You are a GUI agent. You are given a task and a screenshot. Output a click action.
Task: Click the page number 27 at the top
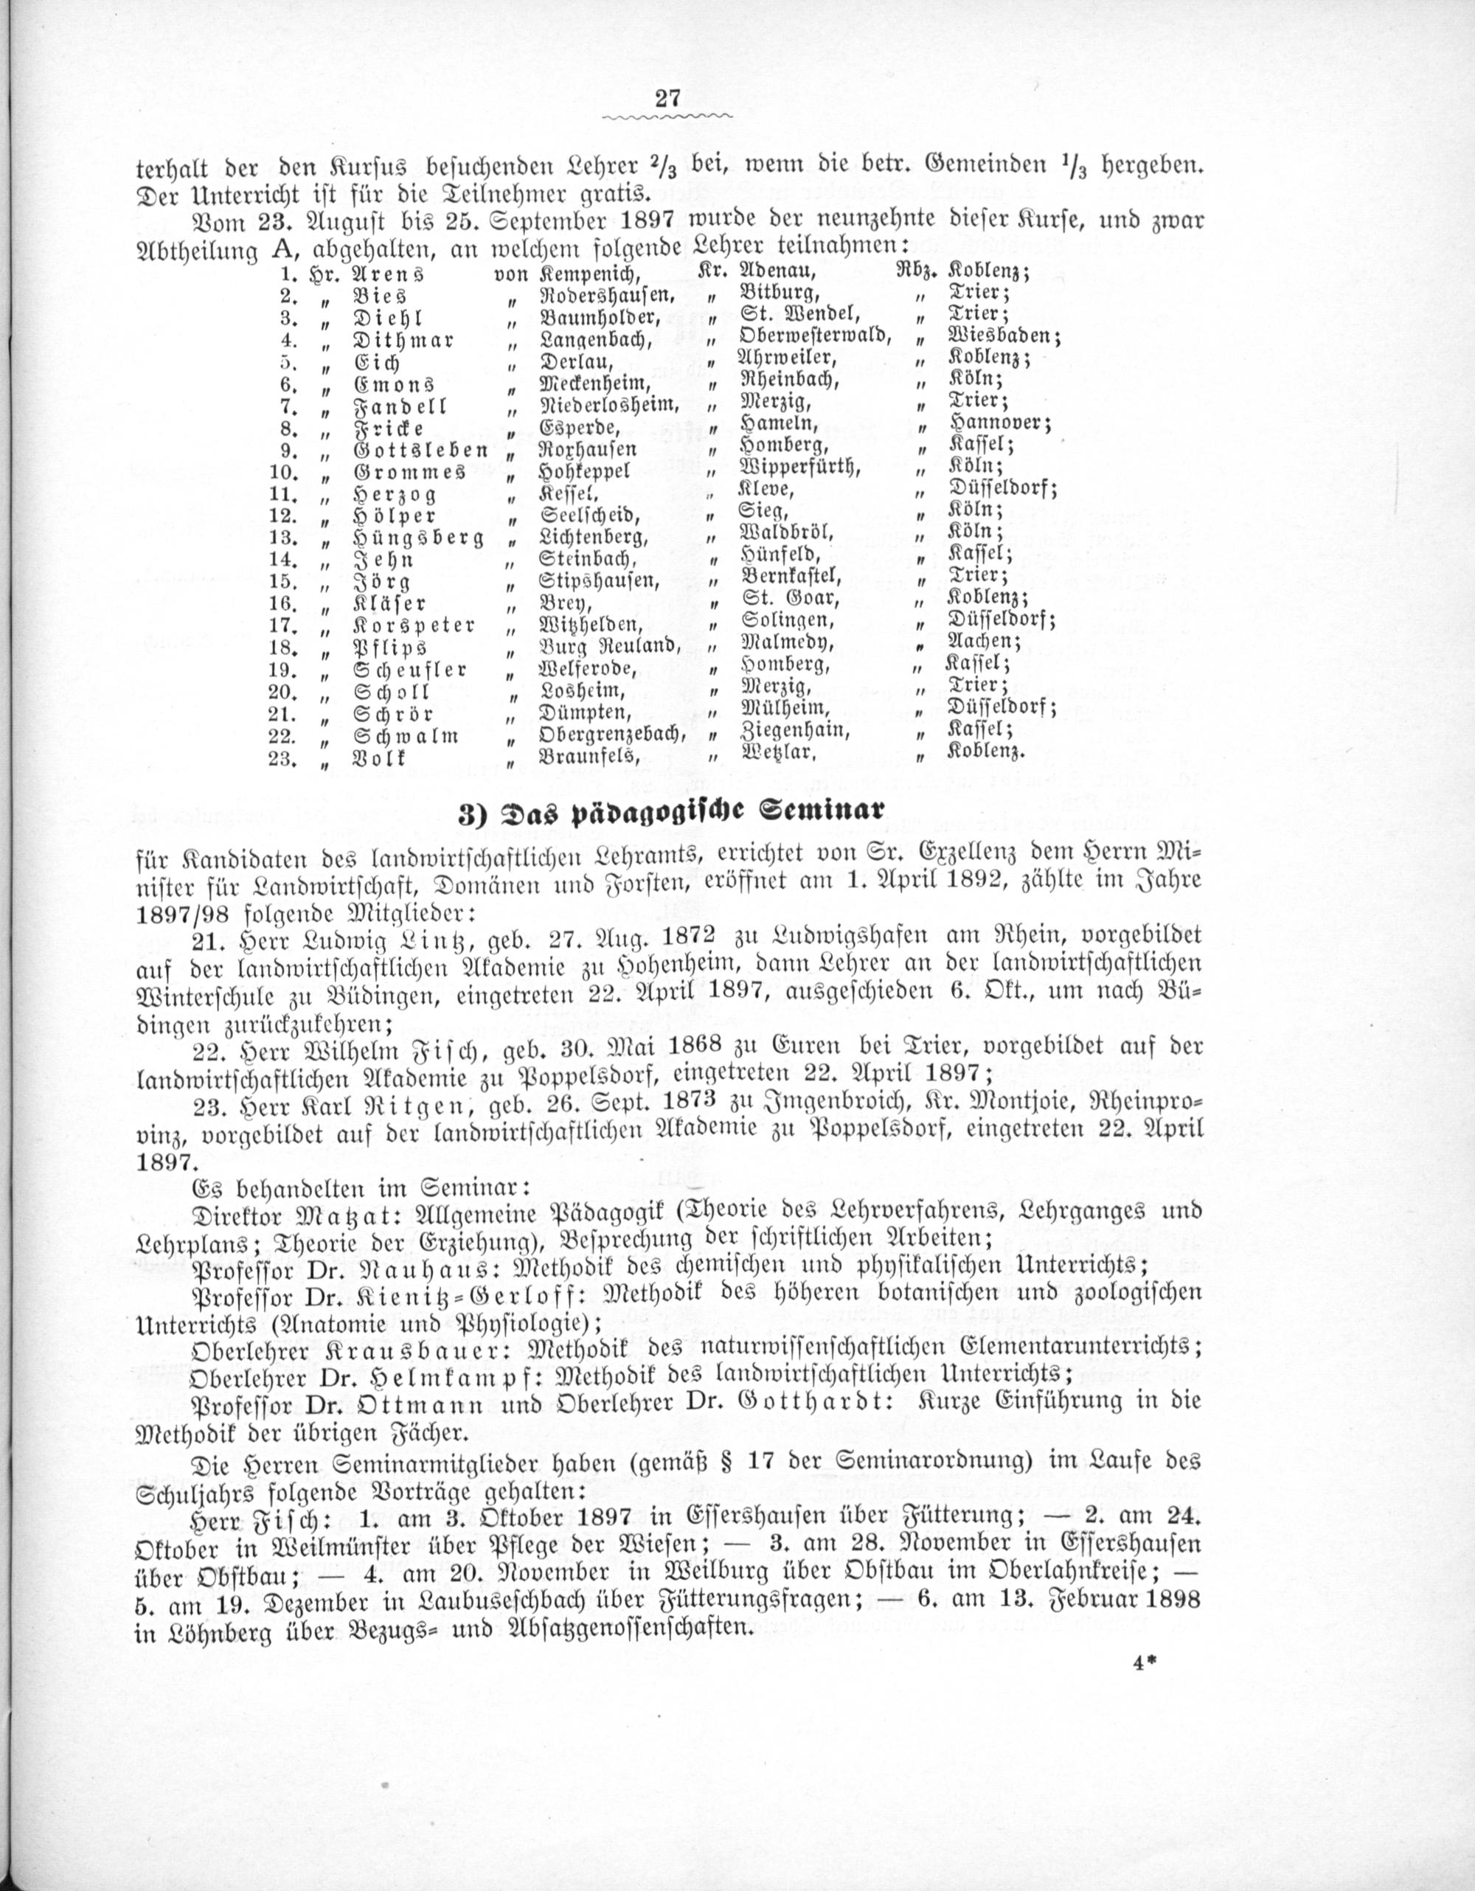[x=668, y=98]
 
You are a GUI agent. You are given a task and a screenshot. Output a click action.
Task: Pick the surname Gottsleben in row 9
[x=422, y=450]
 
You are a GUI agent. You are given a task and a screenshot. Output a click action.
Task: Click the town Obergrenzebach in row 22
[x=612, y=735]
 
